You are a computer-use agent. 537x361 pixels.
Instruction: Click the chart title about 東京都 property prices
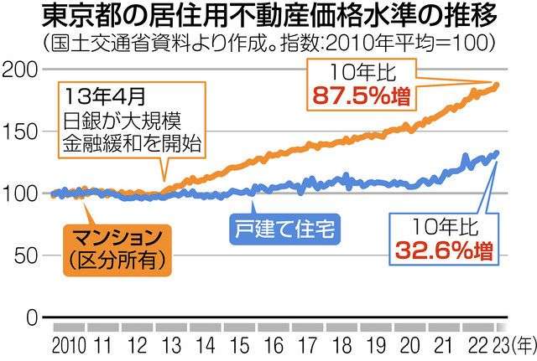tap(268, 18)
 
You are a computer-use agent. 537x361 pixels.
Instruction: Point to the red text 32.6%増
tap(443, 248)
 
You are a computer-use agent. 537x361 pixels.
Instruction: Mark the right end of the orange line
tap(496, 85)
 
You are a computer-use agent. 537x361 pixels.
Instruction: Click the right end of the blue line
tap(496, 153)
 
